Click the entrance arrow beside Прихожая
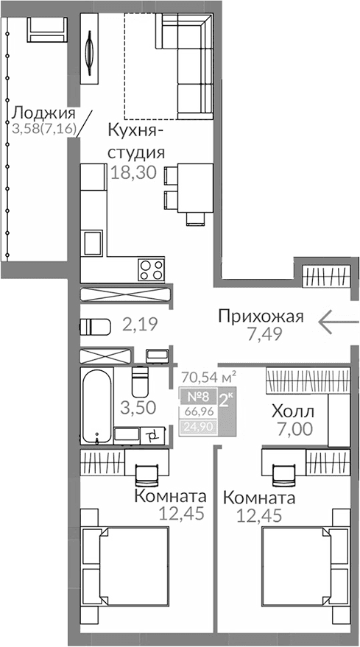pos(338,320)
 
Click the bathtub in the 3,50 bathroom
pos(96,406)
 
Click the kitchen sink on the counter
pos(93,242)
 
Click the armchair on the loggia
pos(47,31)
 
